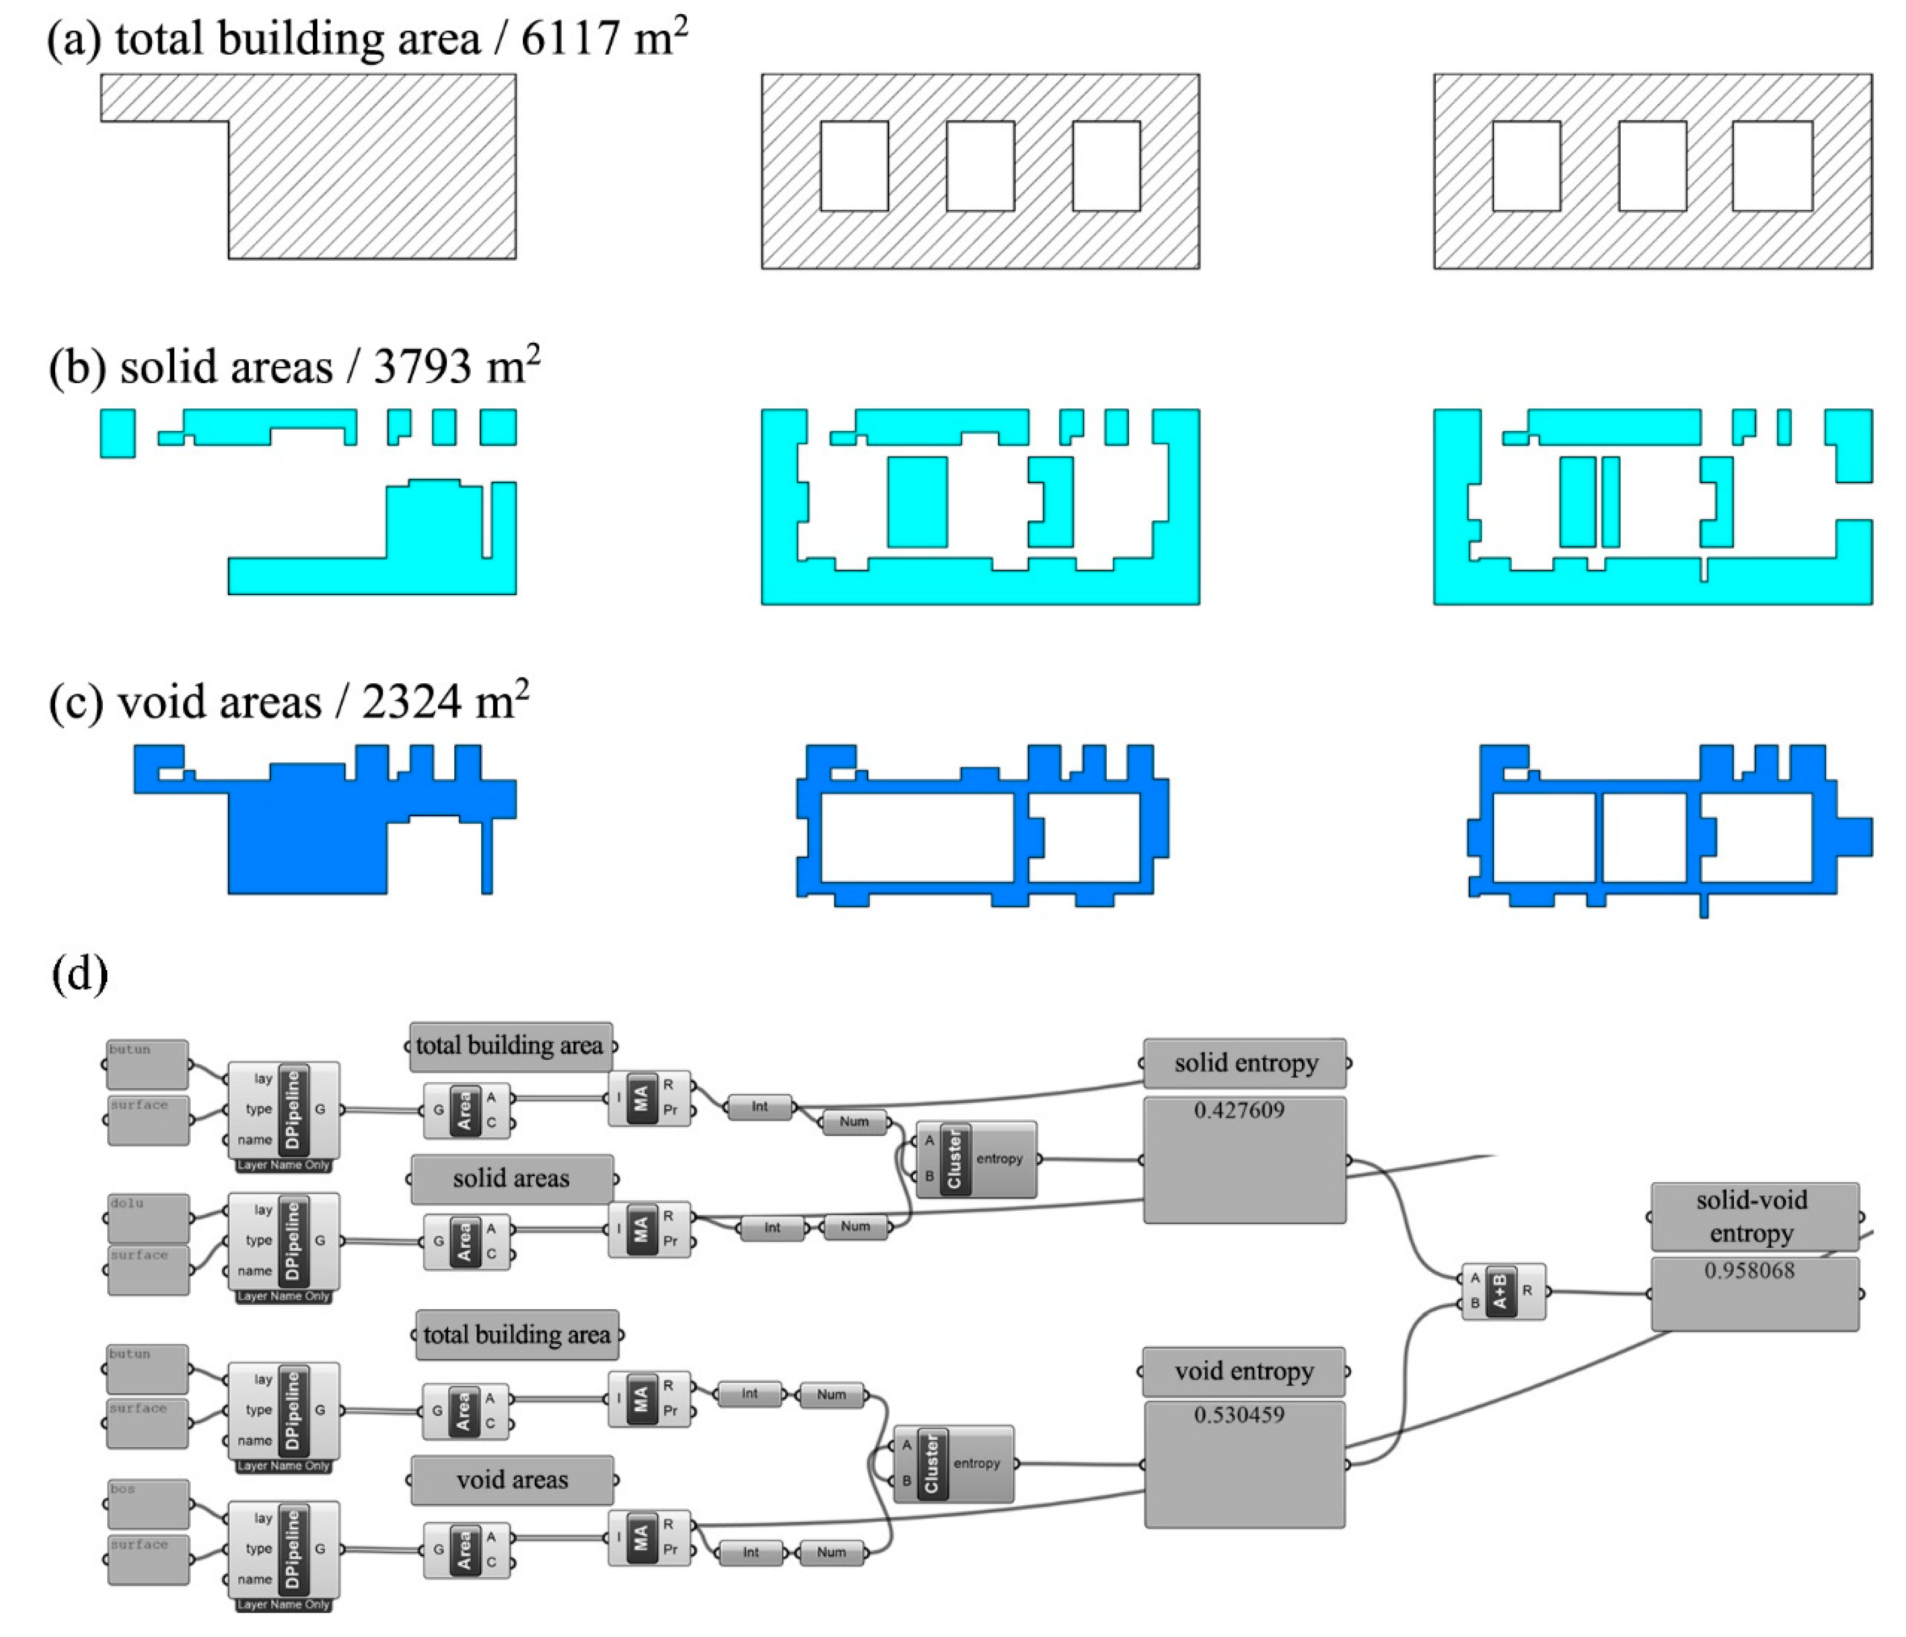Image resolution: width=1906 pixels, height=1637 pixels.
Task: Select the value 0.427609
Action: click(1239, 1110)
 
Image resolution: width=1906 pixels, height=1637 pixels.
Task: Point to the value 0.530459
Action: click(1239, 1415)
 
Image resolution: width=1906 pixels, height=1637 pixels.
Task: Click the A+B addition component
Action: click(1502, 1291)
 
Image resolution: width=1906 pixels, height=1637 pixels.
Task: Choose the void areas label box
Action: click(512, 1480)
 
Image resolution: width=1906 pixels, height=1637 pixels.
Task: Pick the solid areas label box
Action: click(511, 1178)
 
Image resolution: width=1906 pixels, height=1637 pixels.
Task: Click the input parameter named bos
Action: click(147, 1503)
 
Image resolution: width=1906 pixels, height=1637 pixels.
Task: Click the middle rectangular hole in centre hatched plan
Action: click(980, 167)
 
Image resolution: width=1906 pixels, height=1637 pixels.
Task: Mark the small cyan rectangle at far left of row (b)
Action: click(117, 433)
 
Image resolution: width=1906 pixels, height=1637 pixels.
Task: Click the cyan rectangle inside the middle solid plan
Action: click(916, 502)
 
